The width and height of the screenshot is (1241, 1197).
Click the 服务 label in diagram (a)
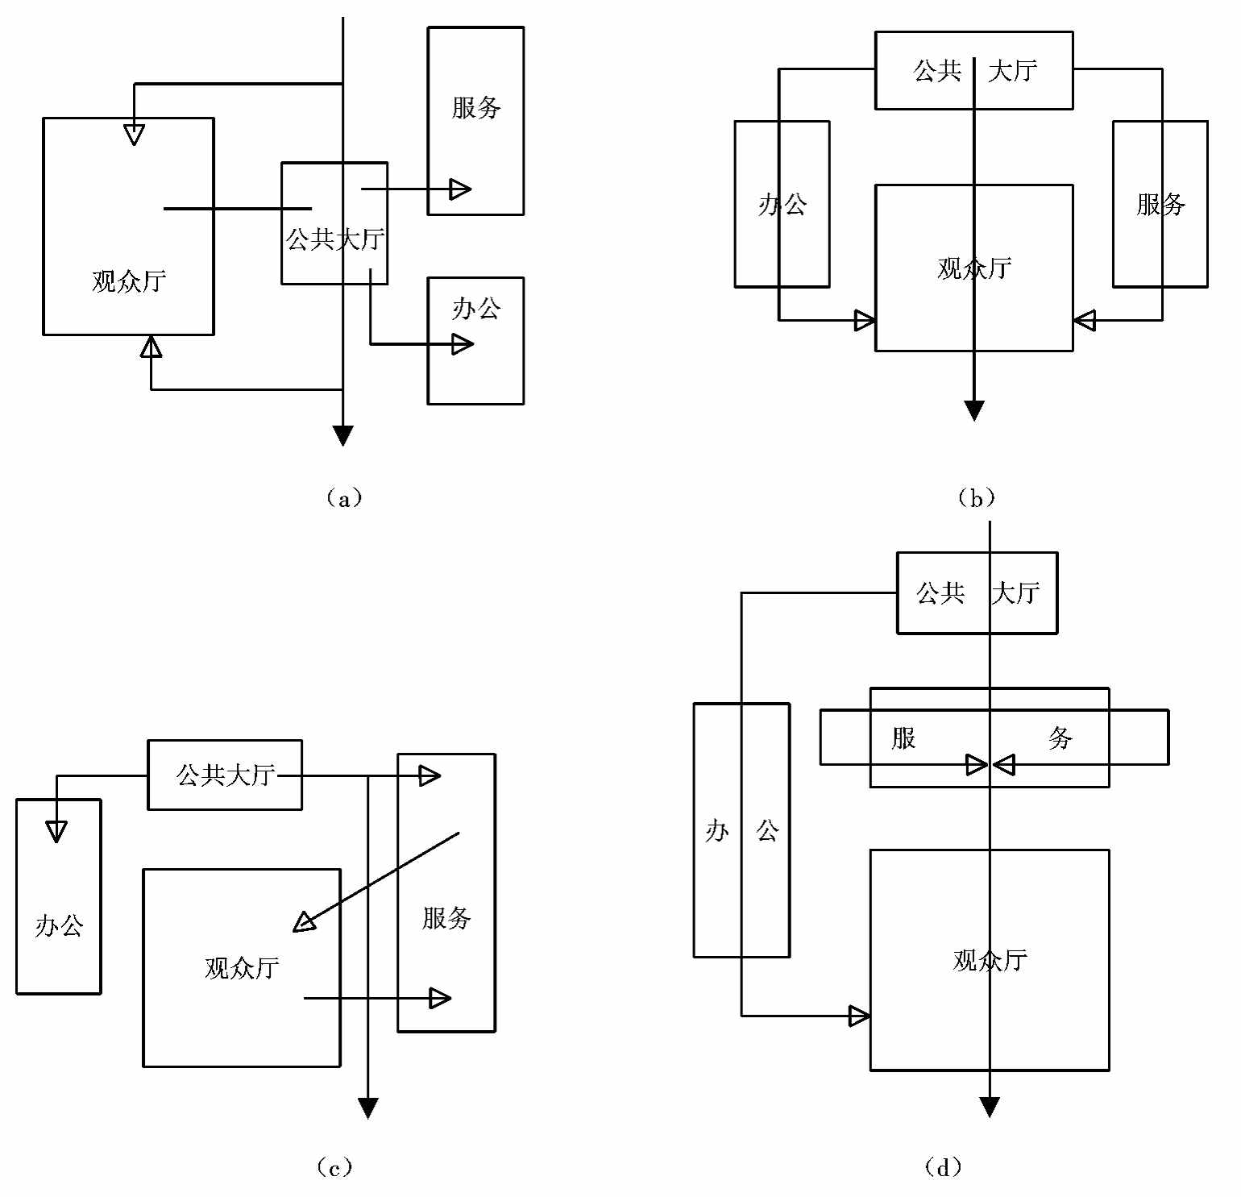pyautogui.click(x=476, y=107)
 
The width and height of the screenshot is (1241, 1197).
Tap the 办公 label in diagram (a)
pyautogui.click(x=476, y=309)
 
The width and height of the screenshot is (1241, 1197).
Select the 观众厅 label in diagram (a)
pyautogui.click(x=129, y=281)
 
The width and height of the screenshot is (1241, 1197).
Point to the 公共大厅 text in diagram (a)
pyautogui.click(x=334, y=239)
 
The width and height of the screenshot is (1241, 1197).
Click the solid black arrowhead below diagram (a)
pyautogui.click(x=343, y=436)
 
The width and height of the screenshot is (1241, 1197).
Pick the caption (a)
pyautogui.click(x=344, y=498)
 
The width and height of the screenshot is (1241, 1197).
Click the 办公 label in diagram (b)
pyautogui.click(x=782, y=205)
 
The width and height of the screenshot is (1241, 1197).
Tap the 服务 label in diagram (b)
pyautogui.click(x=1160, y=205)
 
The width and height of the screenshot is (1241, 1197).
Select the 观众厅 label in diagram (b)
pyautogui.click(x=974, y=268)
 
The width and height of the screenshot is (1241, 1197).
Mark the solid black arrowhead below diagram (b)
pyautogui.click(x=974, y=411)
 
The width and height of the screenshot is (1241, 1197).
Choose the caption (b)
pyautogui.click(x=976, y=498)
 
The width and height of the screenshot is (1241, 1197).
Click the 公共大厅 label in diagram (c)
pyautogui.click(x=226, y=775)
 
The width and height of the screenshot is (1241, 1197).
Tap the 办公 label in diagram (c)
pyautogui.click(x=59, y=926)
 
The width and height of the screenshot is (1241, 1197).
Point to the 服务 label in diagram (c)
pyautogui.click(x=446, y=918)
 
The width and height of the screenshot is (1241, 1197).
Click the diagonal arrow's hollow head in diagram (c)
pyautogui.click(x=305, y=922)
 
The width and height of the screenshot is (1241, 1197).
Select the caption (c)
pyautogui.click(x=334, y=1167)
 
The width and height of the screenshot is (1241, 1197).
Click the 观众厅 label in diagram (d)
pyautogui.click(x=990, y=961)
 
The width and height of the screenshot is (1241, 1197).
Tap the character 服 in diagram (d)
pyautogui.click(x=904, y=738)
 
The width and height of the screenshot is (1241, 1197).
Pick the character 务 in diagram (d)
pyautogui.click(x=1060, y=738)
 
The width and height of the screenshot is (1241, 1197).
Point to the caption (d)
pyautogui.click(x=943, y=1167)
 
